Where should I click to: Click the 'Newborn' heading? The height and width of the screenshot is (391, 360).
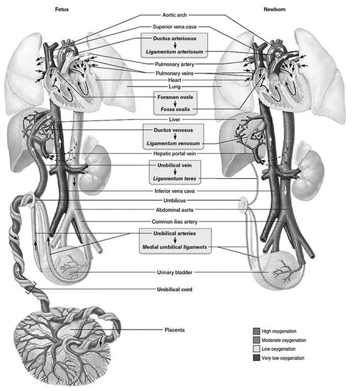pyautogui.click(x=274, y=10)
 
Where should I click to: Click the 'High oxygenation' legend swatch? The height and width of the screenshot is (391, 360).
pyautogui.click(x=257, y=331)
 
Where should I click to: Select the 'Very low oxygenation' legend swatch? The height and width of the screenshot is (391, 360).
pyautogui.click(x=257, y=358)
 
